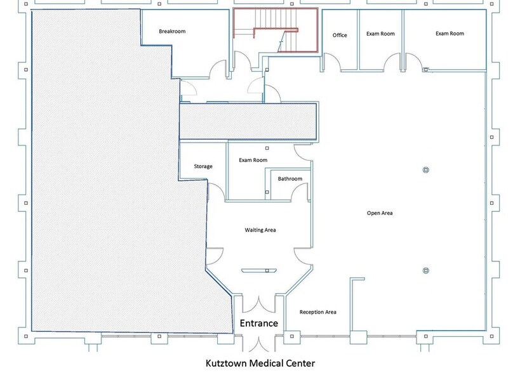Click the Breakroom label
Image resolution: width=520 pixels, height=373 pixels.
tap(172, 31)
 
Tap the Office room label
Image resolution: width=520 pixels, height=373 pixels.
tap(340, 36)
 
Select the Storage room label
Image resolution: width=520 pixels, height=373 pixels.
tap(203, 167)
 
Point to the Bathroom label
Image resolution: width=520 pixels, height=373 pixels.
tap(290, 179)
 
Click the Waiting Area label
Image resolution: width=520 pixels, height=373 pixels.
tap(260, 230)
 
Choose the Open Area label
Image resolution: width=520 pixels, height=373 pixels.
tap(380, 213)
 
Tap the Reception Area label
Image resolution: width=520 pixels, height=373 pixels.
tap(318, 312)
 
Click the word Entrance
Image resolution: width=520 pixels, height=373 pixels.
tap(258, 324)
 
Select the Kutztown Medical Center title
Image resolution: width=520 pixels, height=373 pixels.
tap(260, 363)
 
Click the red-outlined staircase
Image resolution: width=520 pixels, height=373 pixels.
tap(276, 30)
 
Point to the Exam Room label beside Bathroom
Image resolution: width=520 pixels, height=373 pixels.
tap(253, 160)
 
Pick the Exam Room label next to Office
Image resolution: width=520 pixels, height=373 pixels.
tap(380, 34)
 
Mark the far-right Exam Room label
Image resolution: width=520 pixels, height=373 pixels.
tap(450, 34)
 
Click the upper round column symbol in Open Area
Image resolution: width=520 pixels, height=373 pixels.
tap(426, 169)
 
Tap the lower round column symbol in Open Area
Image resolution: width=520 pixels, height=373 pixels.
tap(426, 271)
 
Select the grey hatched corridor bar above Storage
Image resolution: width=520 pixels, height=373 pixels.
tap(248, 121)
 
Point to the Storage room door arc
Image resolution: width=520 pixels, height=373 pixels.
tap(216, 190)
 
